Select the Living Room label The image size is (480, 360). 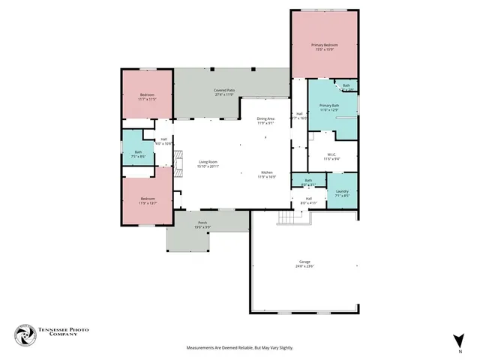208,164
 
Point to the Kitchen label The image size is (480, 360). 268,174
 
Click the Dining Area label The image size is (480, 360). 265,121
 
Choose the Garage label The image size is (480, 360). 304,264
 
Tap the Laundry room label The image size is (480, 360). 342,194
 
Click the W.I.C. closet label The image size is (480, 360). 331,156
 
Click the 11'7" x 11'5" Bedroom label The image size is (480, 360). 146,96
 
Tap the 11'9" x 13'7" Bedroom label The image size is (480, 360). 146,201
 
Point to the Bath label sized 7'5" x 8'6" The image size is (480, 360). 138,154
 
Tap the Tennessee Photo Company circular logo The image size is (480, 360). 25,334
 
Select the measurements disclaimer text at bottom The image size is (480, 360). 240,348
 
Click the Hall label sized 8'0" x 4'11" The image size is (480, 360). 308,200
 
